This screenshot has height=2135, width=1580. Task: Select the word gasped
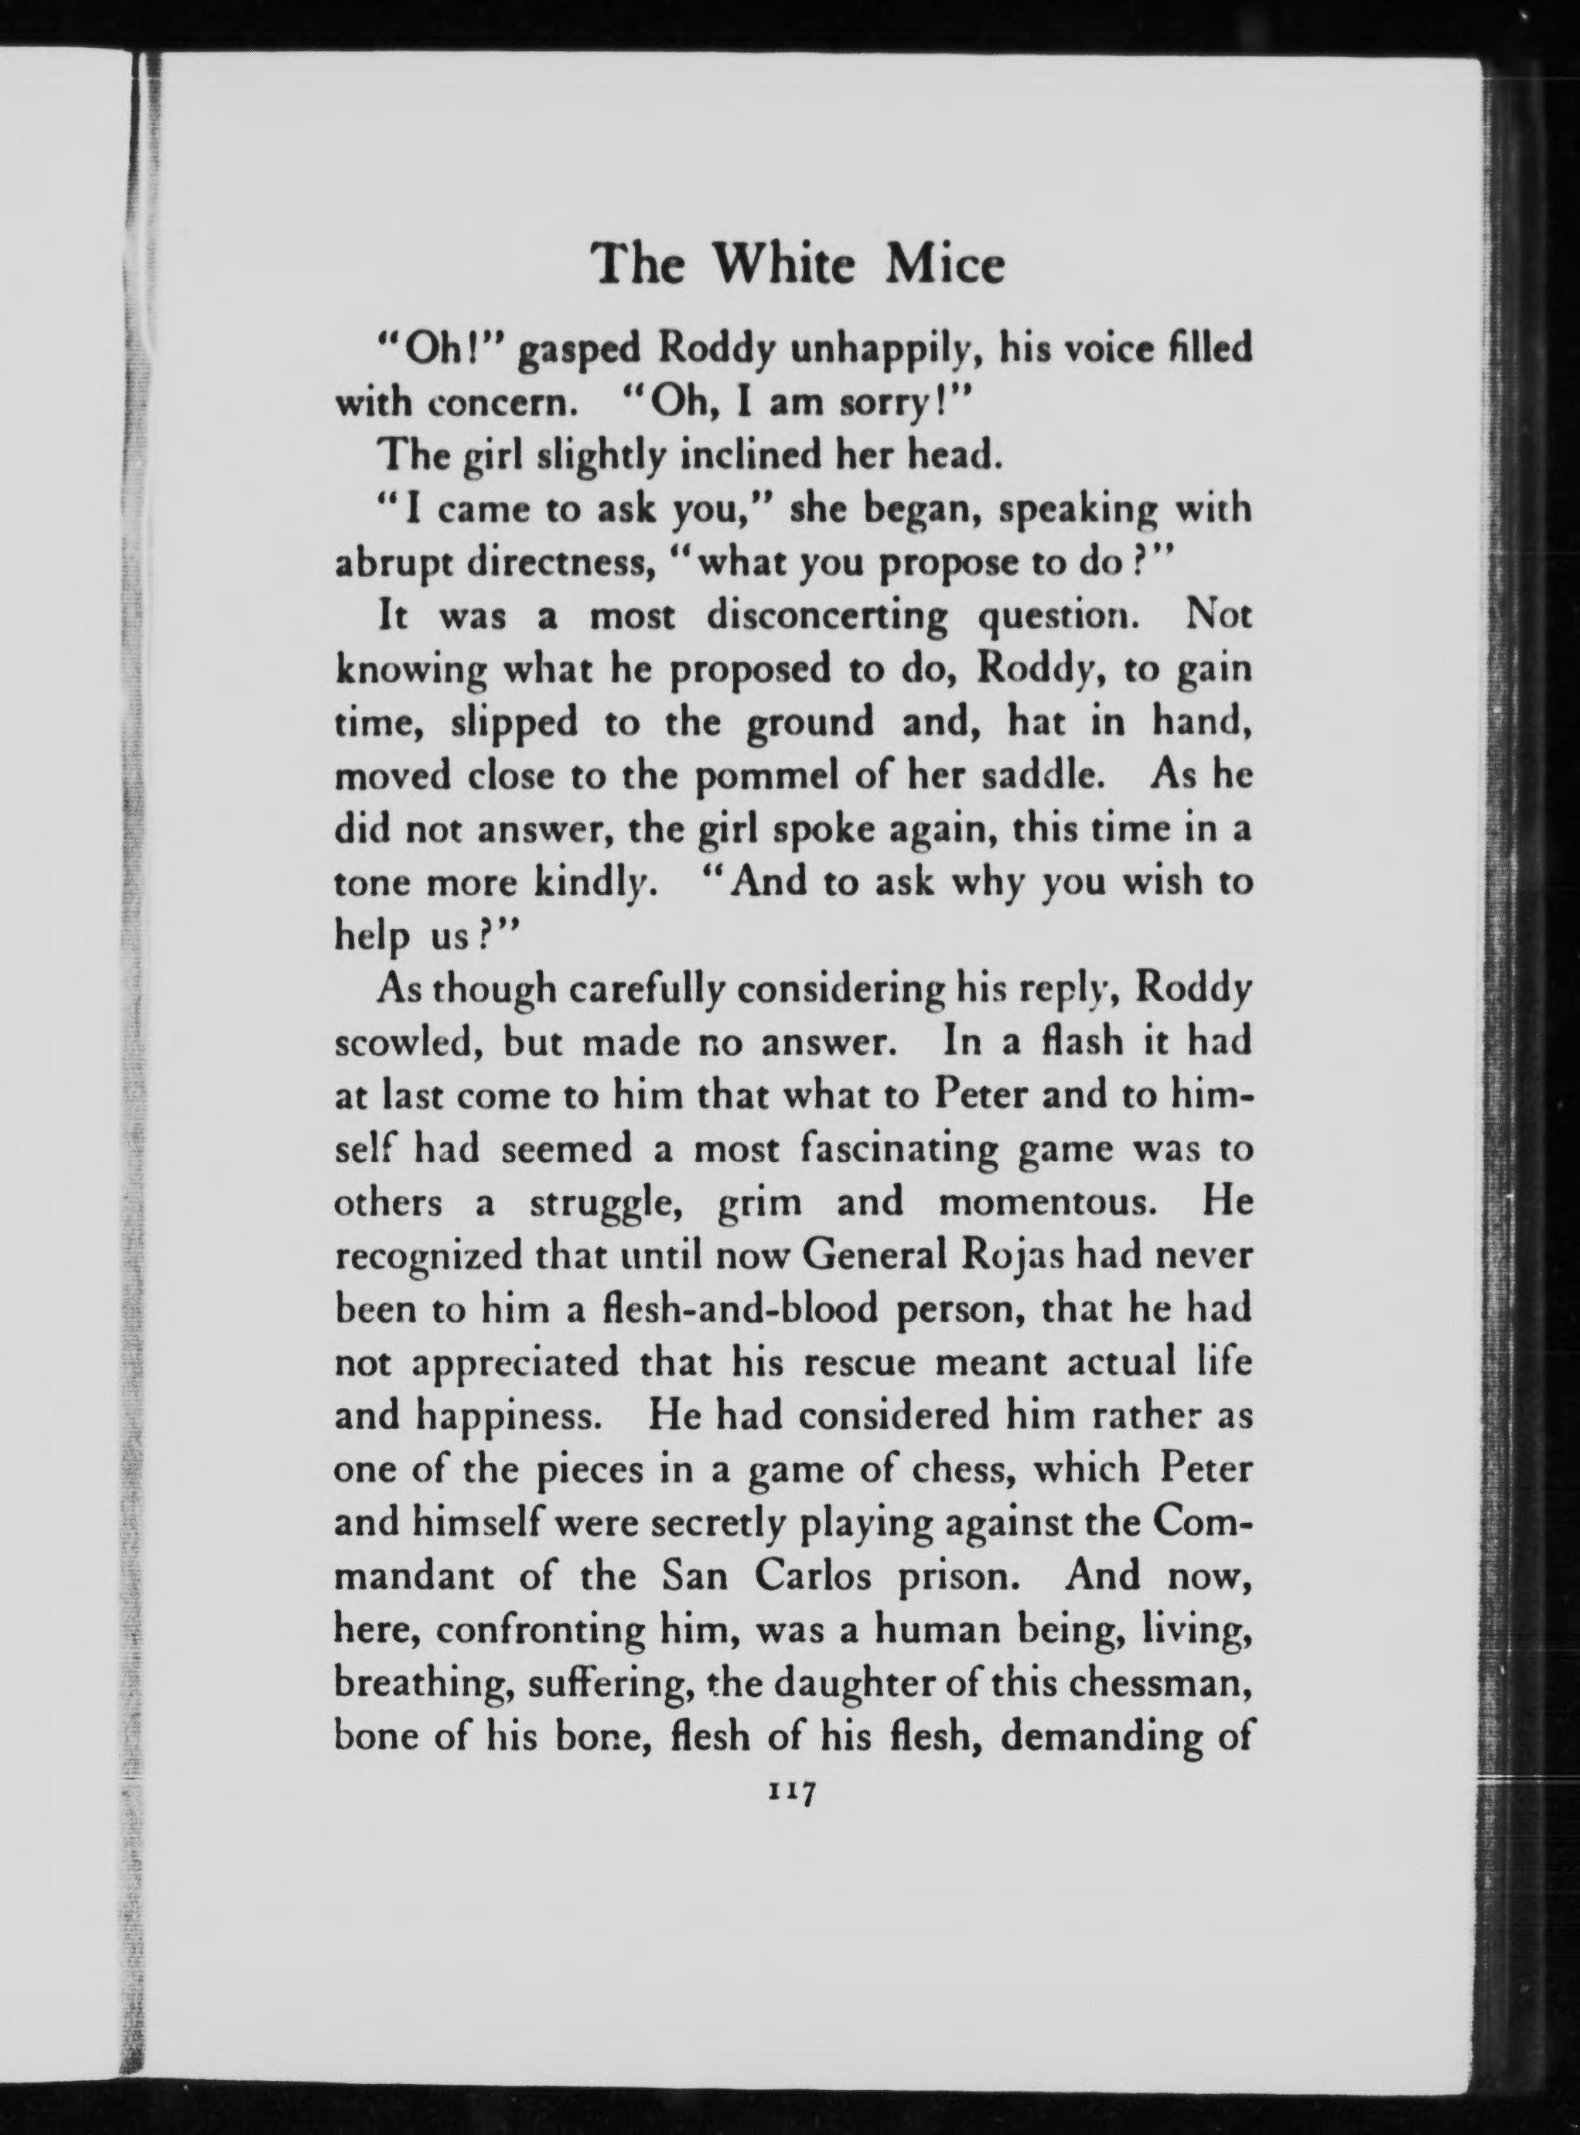578,351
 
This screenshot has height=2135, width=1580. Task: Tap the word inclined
752,456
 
